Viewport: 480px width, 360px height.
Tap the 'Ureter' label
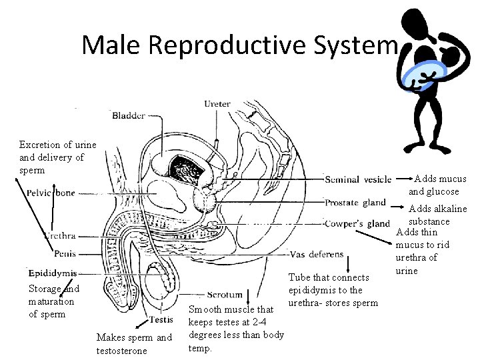(217, 103)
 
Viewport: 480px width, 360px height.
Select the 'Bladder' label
(129, 115)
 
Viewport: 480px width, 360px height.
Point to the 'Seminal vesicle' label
(358, 179)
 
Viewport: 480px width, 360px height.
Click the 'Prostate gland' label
(355, 202)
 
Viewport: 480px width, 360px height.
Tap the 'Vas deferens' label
(317, 254)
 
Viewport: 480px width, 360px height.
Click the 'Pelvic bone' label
(51, 193)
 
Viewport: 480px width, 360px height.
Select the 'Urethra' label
(59, 235)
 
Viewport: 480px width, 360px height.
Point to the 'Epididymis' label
(53, 273)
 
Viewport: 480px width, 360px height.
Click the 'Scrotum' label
(225, 295)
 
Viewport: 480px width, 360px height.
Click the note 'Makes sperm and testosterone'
(134, 343)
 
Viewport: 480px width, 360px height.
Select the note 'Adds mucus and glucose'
(436, 185)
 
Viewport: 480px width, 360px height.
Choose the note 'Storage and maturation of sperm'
(53, 301)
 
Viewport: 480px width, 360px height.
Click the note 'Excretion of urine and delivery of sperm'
(57, 157)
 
